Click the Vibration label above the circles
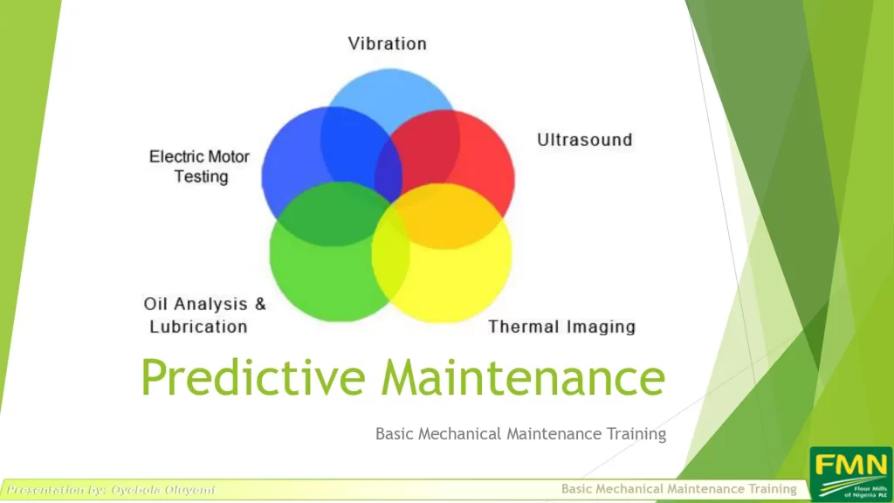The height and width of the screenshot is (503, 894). (387, 44)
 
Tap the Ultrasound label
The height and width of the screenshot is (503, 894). (585, 140)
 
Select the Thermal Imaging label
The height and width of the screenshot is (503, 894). (561, 327)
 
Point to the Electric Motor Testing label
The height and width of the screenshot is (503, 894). (200, 167)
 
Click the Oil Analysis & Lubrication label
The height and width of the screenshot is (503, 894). (204, 314)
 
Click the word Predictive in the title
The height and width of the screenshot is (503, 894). (253, 377)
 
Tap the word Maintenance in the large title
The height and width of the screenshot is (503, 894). (523, 377)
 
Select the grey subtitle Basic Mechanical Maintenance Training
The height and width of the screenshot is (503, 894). (520, 434)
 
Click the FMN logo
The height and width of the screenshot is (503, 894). (850, 474)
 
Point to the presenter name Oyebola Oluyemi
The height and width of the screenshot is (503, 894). (163, 490)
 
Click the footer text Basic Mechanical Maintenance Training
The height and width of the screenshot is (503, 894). (679, 489)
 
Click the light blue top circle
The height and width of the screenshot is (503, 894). (390, 91)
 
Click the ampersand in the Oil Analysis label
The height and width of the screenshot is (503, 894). (260, 304)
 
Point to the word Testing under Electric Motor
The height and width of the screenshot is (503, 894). (202, 176)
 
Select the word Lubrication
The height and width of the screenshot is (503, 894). (198, 327)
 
